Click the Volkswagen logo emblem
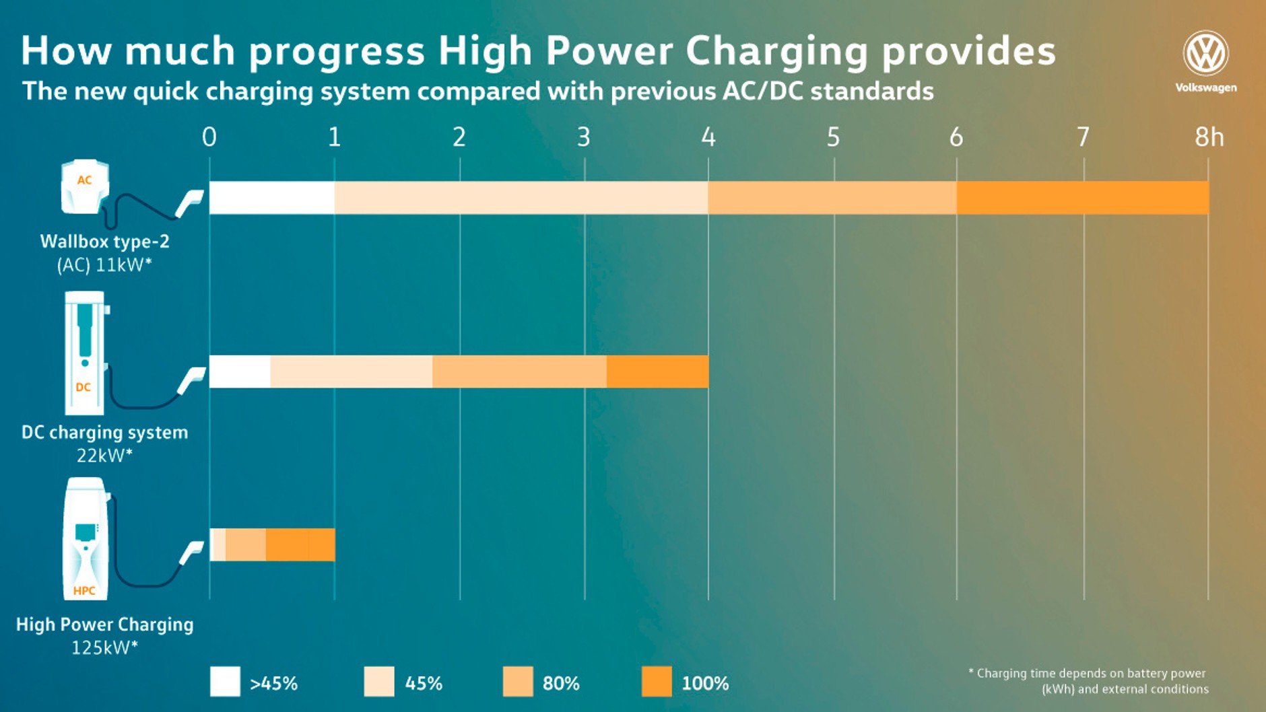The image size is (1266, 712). [x=1205, y=53]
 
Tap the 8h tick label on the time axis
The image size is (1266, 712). [x=1209, y=137]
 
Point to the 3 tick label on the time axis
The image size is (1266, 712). [x=584, y=137]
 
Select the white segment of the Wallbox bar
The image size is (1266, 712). [x=271, y=198]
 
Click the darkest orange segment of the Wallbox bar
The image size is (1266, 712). [x=1082, y=198]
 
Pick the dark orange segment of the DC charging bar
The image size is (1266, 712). [x=657, y=371]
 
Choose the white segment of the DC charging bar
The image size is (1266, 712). [x=240, y=371]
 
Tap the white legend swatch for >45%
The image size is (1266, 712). [x=225, y=682]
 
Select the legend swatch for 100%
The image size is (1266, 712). [x=657, y=682]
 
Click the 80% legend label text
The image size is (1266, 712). [x=561, y=683]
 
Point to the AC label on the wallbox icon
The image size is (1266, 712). [x=84, y=180]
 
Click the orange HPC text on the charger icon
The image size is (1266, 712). [x=84, y=591]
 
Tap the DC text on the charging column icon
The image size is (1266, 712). [x=84, y=387]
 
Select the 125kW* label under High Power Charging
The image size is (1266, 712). [x=104, y=647]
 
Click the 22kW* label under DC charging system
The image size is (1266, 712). [x=104, y=456]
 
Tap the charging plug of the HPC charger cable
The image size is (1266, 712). [x=193, y=553]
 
